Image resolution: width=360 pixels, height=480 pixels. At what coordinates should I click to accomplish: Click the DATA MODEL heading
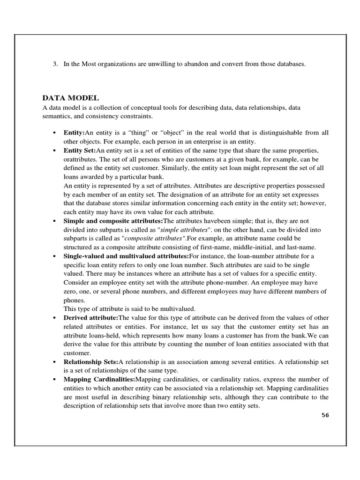pyautogui.click(x=70, y=98)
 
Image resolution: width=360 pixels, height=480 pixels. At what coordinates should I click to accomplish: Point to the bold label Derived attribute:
pyautogui.click(x=91, y=317)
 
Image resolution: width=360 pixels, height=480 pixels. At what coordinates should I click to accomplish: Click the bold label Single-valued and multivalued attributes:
pyautogui.click(x=126, y=256)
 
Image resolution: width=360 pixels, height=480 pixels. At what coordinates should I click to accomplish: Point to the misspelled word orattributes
pyautogui.click(x=80, y=159)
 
